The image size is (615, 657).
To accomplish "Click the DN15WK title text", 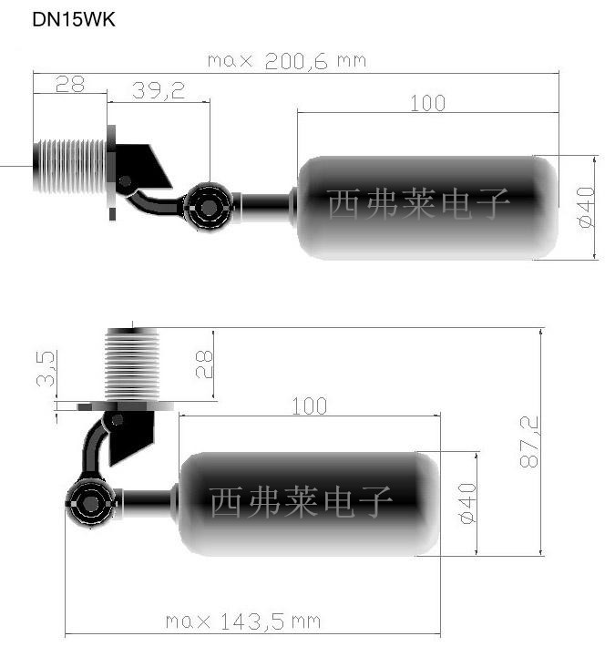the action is [x=73, y=20].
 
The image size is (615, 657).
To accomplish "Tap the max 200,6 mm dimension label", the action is [x=287, y=61].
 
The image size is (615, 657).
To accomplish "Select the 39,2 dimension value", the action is [x=159, y=90].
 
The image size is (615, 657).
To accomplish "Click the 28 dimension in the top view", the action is [x=70, y=84].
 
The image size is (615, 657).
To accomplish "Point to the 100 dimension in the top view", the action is [x=427, y=104].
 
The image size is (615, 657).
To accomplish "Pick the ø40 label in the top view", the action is [x=586, y=207].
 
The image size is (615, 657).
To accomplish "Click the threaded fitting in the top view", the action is [x=70, y=167].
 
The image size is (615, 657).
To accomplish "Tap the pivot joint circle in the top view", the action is [x=209, y=207].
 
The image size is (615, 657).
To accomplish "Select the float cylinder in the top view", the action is [x=427, y=208].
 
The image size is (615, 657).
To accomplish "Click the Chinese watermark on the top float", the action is [x=417, y=204].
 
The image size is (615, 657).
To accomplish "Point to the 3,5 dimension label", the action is [x=46, y=369].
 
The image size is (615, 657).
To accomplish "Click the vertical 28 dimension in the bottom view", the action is [x=204, y=364].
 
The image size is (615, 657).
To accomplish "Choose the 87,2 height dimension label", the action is [x=528, y=442].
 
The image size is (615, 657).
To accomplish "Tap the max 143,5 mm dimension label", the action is [x=243, y=621].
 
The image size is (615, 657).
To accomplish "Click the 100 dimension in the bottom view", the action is [x=309, y=406].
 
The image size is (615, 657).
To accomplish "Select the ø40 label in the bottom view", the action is [x=467, y=503].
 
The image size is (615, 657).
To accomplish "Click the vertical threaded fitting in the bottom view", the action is [x=132, y=364].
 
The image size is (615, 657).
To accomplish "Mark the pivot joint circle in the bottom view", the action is [x=90, y=504].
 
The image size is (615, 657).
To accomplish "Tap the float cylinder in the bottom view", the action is [x=309, y=504].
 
